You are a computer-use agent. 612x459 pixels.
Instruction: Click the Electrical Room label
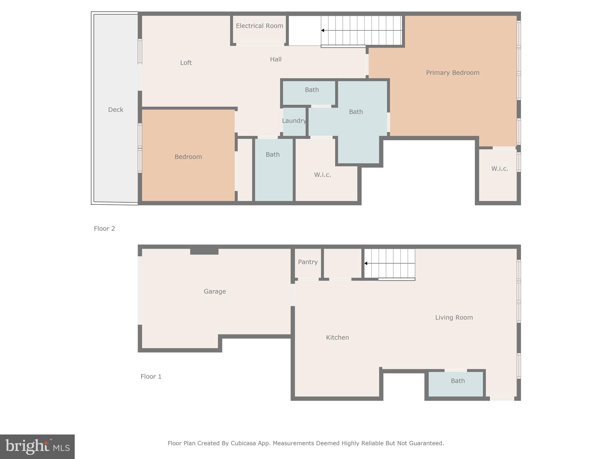259,26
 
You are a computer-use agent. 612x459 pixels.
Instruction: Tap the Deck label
116,110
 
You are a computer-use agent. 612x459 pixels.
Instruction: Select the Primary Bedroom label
452,73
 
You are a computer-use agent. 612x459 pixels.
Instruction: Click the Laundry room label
294,121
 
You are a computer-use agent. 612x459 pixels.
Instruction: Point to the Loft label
186,63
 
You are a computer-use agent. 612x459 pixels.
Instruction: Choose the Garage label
215,291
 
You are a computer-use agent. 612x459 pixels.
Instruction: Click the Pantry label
307,262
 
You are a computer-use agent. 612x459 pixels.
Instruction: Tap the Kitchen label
337,337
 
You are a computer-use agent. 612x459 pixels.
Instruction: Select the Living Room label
454,317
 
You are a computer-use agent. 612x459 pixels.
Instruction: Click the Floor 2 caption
104,229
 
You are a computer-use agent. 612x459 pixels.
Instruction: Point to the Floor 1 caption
151,377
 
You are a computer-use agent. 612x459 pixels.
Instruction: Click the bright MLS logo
37,447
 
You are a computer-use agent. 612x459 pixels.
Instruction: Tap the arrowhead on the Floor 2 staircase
323,30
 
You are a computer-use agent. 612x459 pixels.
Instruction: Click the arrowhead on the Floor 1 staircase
366,263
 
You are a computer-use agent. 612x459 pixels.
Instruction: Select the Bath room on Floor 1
458,381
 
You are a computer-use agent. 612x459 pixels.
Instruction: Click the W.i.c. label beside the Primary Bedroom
499,169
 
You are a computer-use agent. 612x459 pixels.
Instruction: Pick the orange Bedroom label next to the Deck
188,157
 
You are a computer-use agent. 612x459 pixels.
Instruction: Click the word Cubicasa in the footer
243,443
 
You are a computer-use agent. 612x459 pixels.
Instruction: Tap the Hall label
276,59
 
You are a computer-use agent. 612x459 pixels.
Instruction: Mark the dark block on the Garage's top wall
204,251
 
